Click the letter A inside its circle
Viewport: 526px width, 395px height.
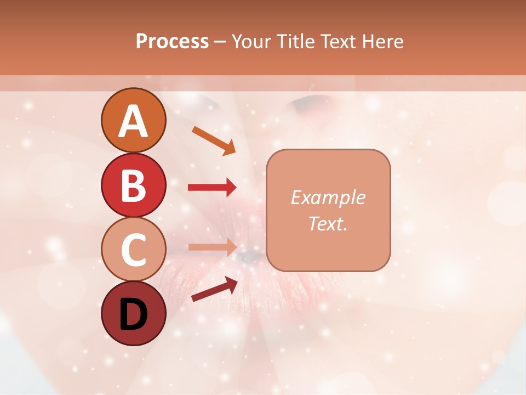tap(134, 121)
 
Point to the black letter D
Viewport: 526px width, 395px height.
tap(134, 315)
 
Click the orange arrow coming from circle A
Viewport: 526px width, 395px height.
tap(214, 140)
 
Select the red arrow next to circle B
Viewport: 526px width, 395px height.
tap(212, 188)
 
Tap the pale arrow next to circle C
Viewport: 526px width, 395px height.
tap(212, 247)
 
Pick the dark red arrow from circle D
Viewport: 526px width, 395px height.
tap(214, 289)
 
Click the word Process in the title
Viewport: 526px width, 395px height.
tap(172, 42)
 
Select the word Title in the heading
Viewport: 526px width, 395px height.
tap(295, 42)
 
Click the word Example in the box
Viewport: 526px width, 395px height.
tap(328, 198)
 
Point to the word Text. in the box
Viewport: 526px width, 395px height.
tap(328, 223)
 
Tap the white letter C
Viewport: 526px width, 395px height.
tap(134, 250)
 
